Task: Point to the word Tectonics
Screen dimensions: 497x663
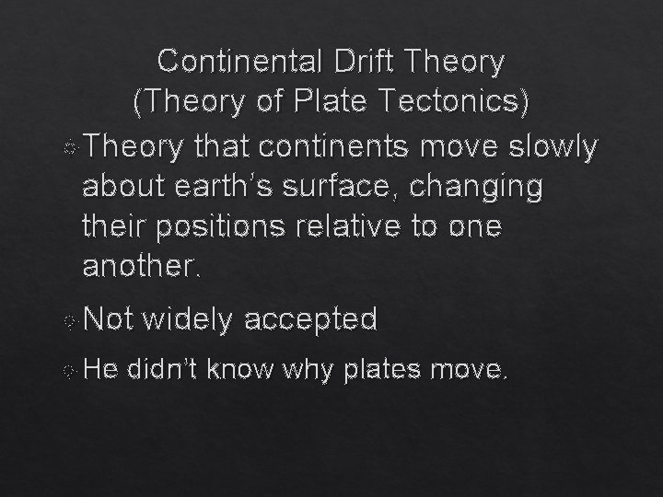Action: coord(450,103)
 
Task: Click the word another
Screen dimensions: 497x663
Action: coord(139,267)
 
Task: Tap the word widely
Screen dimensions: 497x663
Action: coord(190,319)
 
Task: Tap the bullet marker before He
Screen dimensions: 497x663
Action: coord(72,371)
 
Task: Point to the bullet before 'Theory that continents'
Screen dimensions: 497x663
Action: coord(73,147)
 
